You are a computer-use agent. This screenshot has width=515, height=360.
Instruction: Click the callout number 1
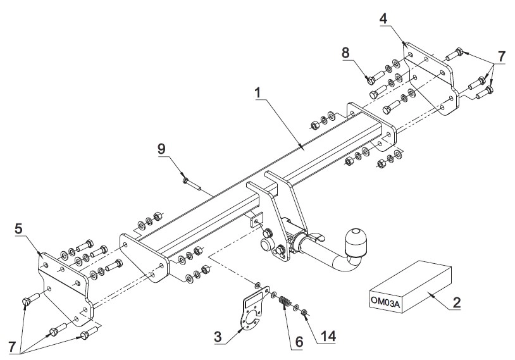[258, 93]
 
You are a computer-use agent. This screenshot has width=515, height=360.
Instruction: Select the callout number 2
[456, 302]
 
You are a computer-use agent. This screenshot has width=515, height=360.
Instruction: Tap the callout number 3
[218, 337]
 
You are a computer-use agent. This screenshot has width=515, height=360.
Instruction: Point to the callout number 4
[383, 19]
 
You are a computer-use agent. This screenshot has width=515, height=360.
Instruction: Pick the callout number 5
[19, 229]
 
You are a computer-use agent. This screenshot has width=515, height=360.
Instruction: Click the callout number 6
[299, 342]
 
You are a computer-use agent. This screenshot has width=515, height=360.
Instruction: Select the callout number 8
[345, 53]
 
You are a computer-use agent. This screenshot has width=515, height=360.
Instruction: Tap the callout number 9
[161, 149]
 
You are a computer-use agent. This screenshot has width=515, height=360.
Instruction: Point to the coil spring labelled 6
[285, 301]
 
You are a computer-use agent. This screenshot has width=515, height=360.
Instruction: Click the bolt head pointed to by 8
[370, 79]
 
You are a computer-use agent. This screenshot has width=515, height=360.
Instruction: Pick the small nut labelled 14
[304, 312]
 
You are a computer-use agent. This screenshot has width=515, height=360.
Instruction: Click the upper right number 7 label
[501, 56]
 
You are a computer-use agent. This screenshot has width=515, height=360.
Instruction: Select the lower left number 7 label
[12, 347]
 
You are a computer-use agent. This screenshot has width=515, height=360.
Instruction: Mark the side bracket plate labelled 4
[430, 79]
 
